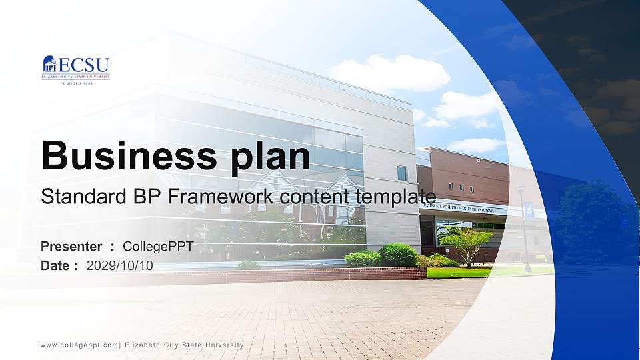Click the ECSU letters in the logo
(83, 64)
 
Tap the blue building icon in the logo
(49, 64)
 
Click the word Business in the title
(125, 156)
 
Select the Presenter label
(71, 247)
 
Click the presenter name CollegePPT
(158, 247)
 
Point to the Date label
(55, 265)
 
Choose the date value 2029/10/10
(119, 265)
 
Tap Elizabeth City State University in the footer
(184, 345)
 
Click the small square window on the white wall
(402, 173)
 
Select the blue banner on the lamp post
(529, 211)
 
